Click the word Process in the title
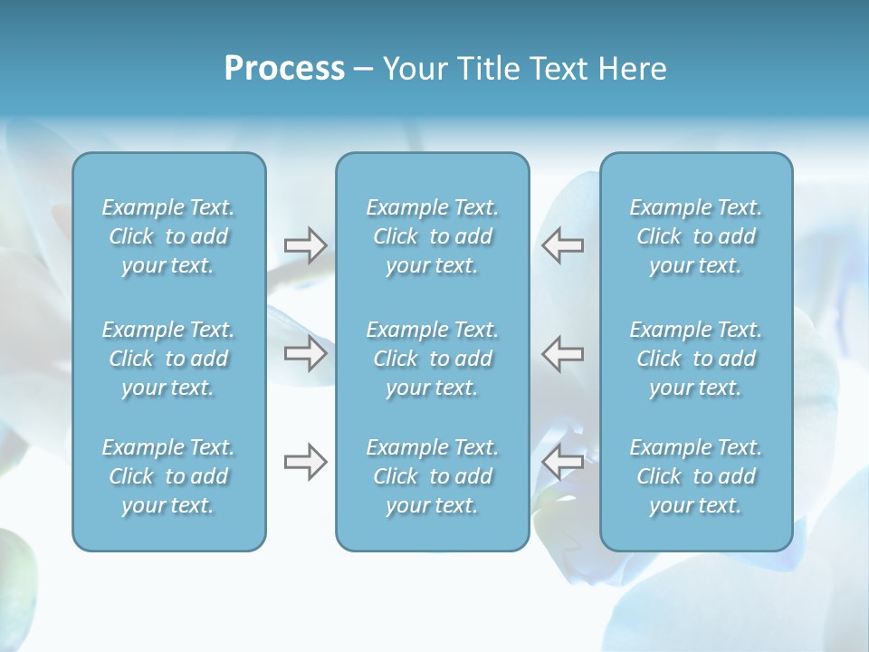pyautogui.click(x=284, y=69)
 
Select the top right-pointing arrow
pyautogui.click(x=305, y=245)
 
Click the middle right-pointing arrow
pyautogui.click(x=305, y=353)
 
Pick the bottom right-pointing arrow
pyautogui.click(x=305, y=462)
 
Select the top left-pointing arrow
pyautogui.click(x=562, y=245)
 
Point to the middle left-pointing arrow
pyautogui.click(x=562, y=353)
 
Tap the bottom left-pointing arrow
pyautogui.click(x=562, y=462)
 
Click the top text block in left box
pyautogui.click(x=168, y=236)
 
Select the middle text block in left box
pyautogui.click(x=168, y=359)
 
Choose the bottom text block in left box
pyautogui.click(x=168, y=476)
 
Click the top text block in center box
pyautogui.click(x=432, y=236)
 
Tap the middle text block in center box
pyautogui.click(x=432, y=359)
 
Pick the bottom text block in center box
pyautogui.click(x=432, y=476)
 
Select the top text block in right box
pyautogui.click(x=695, y=236)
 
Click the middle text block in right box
pyautogui.click(x=695, y=359)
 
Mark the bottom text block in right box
pyautogui.click(x=695, y=476)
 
